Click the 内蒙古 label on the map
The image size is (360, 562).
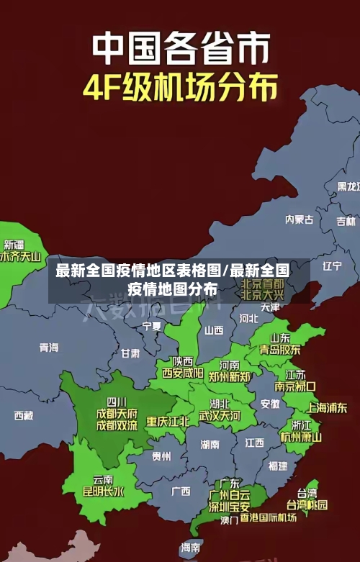299,199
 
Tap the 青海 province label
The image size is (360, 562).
49,348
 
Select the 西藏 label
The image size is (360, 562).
24,415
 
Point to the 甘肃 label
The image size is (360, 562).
130,353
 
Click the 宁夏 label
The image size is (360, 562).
152,326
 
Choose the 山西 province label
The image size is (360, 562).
214,330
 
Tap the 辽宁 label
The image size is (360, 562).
332,266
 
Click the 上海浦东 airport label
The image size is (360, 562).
327,407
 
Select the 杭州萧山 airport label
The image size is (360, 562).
301,436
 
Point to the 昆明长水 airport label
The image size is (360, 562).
104,492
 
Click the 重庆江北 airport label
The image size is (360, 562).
168,421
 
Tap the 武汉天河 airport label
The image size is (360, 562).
220,416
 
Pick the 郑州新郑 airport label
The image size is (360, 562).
230,376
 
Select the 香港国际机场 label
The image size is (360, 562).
268,518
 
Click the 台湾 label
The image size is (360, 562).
307,493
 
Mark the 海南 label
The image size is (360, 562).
191,548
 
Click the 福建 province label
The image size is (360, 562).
277,466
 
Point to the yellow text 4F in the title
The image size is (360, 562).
105,89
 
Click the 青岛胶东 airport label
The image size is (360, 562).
280,350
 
